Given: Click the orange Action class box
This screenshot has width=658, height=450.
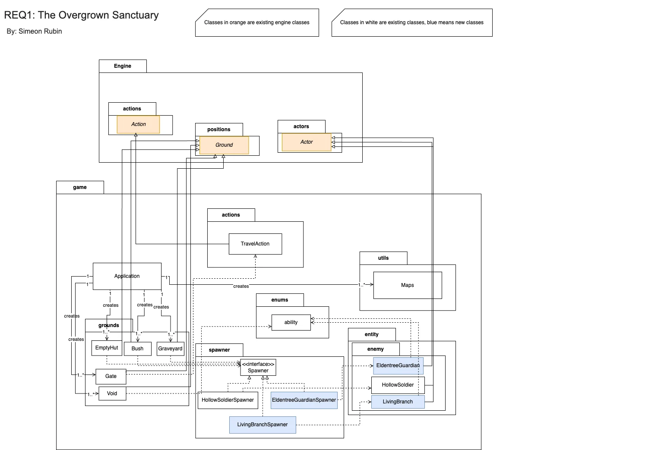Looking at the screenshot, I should click(x=138, y=124).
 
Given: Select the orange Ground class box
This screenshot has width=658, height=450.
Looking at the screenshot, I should click(x=224, y=145).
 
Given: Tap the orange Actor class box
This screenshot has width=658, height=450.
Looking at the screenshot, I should click(x=307, y=142).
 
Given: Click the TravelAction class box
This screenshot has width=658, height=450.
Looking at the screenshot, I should click(x=255, y=244).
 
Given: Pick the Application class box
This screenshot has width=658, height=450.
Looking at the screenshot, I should click(x=127, y=276).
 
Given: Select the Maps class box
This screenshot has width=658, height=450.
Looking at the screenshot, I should click(x=407, y=285).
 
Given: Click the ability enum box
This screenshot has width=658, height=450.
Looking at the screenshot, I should click(x=291, y=322).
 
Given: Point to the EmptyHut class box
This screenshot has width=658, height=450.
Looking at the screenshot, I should click(x=107, y=348).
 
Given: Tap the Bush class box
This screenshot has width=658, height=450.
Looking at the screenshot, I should click(x=137, y=349).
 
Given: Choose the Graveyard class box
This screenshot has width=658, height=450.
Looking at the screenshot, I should click(x=170, y=349).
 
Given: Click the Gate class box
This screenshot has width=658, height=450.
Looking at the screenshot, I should click(x=111, y=376).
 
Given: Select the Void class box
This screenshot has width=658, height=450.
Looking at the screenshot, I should click(x=112, y=393).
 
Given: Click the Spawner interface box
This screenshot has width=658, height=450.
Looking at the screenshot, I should click(x=258, y=368).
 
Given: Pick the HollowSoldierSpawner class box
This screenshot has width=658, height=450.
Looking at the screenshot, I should click(x=228, y=400).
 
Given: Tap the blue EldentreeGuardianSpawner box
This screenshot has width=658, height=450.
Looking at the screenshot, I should click(x=304, y=400).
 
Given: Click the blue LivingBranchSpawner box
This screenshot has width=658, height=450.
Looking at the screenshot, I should click(x=262, y=425).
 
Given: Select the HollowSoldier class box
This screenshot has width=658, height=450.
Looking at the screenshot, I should click(x=398, y=385).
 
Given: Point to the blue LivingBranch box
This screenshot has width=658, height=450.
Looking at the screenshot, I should click(x=398, y=402).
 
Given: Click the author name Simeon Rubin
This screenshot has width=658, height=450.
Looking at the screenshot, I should click(x=40, y=31).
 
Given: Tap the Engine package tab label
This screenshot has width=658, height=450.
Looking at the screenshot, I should click(x=123, y=66).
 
